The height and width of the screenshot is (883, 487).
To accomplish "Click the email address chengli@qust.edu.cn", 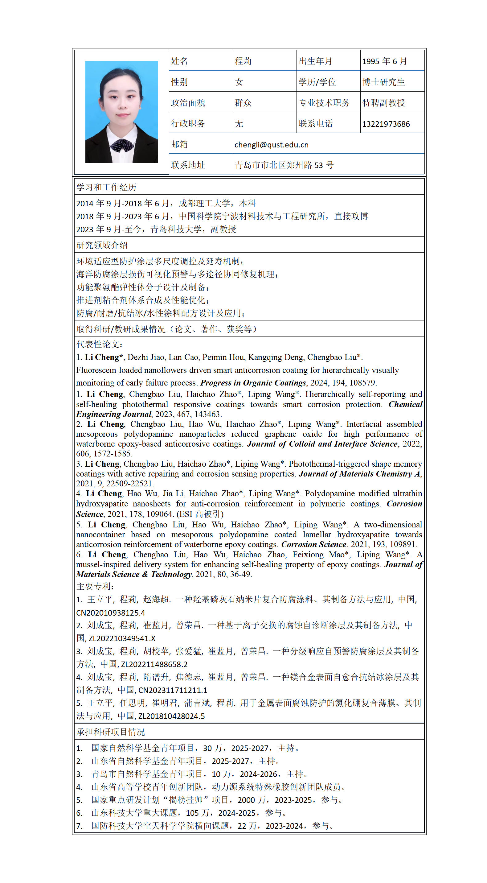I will (271, 145).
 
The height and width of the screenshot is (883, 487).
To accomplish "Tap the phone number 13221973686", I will (386, 124).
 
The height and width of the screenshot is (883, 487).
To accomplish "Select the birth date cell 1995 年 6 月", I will (384, 61).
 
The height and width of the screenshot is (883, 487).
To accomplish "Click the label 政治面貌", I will (188, 103).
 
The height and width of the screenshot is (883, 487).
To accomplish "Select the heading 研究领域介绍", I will (102, 245).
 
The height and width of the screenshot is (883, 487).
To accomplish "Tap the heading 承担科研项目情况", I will (110, 732).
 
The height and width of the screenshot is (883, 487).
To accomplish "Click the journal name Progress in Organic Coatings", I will (253, 382).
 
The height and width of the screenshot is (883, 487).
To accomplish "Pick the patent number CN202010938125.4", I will (110, 613).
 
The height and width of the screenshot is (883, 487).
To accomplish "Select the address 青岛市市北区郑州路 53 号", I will (284, 165).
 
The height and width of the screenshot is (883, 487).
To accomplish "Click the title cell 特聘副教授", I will (383, 103).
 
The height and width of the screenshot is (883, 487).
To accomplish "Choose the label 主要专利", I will (95, 587).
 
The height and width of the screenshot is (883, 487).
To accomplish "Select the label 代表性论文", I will (99, 345).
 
